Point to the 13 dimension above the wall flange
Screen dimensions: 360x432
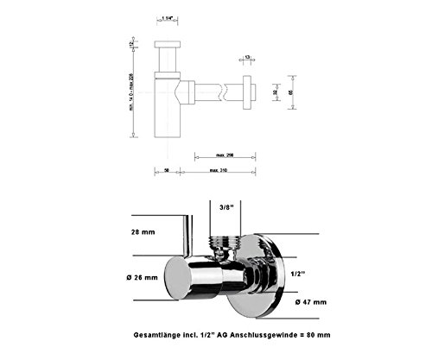click(248, 57)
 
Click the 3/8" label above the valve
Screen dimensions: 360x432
click(226, 208)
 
